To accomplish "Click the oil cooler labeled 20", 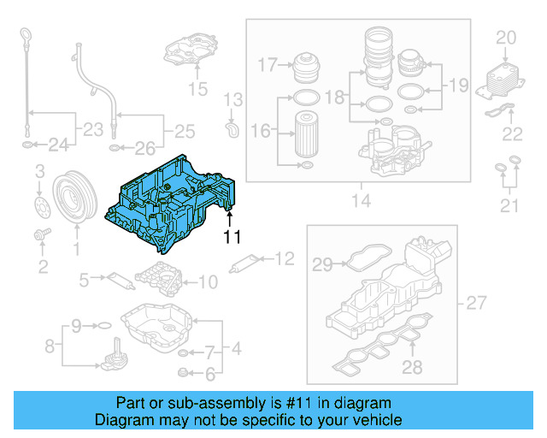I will tap(503, 78).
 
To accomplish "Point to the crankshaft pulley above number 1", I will tap(74, 201).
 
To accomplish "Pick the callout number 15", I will tap(197, 87).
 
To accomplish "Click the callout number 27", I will tap(474, 303).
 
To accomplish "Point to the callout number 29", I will tap(321, 265).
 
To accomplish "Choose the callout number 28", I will tap(412, 368).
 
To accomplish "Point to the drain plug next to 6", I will tap(181, 372).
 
